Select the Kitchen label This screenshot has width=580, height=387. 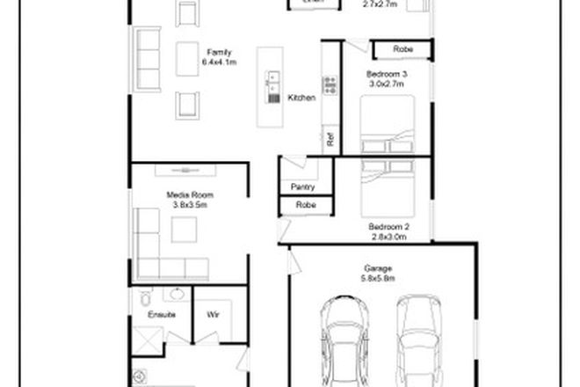(301, 98)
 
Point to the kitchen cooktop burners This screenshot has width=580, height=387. (330, 85)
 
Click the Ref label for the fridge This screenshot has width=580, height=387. (330, 138)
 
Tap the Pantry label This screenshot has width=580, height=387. (303, 186)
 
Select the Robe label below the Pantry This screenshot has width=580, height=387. (305, 205)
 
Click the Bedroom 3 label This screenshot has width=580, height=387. (387, 74)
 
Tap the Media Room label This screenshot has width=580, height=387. (189, 194)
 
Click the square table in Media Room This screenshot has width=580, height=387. (185, 228)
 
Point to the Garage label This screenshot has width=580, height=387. (379, 267)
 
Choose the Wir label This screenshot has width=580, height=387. (212, 313)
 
